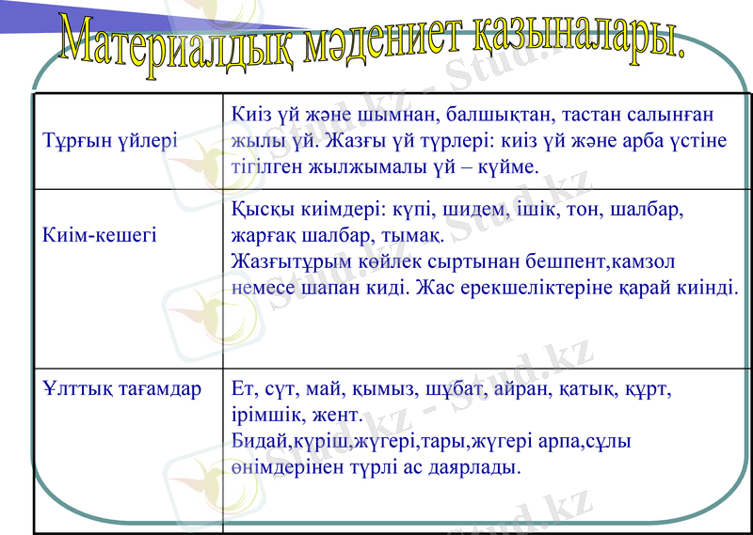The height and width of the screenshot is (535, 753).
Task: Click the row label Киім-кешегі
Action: tap(100, 234)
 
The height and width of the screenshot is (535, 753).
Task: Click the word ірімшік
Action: tap(265, 414)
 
